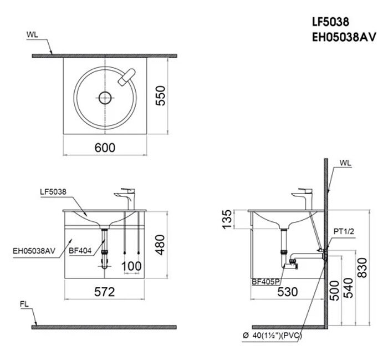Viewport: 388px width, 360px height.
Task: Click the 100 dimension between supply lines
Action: (x=131, y=266)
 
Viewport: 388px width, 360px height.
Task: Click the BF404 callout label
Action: (x=80, y=250)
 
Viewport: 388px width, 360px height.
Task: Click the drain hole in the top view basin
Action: (x=104, y=99)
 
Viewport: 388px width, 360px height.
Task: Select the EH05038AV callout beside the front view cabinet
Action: (x=34, y=250)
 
